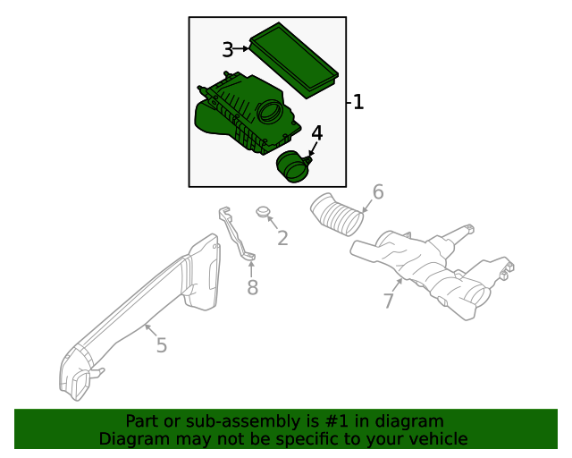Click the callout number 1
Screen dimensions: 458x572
pyautogui.click(x=358, y=103)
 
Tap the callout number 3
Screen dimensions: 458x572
pyautogui.click(x=228, y=50)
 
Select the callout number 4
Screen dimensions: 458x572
pyautogui.click(x=316, y=134)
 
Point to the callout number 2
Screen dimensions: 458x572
pyautogui.click(x=282, y=238)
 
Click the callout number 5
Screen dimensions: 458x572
pyautogui.click(x=161, y=345)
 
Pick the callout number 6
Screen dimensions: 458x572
pyautogui.click(x=378, y=192)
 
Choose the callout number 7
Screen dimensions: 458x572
pyautogui.click(x=389, y=301)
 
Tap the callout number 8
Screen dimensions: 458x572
pyautogui.click(x=252, y=287)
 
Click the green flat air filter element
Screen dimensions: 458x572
pyautogui.click(x=293, y=58)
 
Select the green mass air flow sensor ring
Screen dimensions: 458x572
pyautogui.click(x=291, y=166)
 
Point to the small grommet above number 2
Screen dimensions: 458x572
pyautogui.click(x=264, y=213)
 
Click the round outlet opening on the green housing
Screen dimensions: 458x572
pyautogui.click(x=269, y=114)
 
